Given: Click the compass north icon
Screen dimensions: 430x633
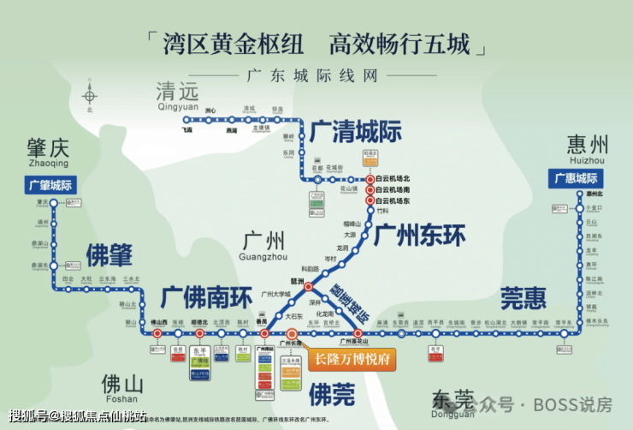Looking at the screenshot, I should click(x=88, y=94).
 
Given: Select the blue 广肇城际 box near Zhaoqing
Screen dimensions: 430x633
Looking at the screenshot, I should click(x=50, y=184).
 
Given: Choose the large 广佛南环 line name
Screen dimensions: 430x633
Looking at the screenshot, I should click(x=206, y=296).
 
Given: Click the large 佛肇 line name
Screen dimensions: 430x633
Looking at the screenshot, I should click(x=109, y=254).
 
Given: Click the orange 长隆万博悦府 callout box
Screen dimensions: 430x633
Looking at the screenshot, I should click(x=352, y=360).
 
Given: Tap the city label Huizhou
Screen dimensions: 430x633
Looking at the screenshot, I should click(x=586, y=150).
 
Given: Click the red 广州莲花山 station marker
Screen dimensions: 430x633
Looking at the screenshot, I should click(x=358, y=333).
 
